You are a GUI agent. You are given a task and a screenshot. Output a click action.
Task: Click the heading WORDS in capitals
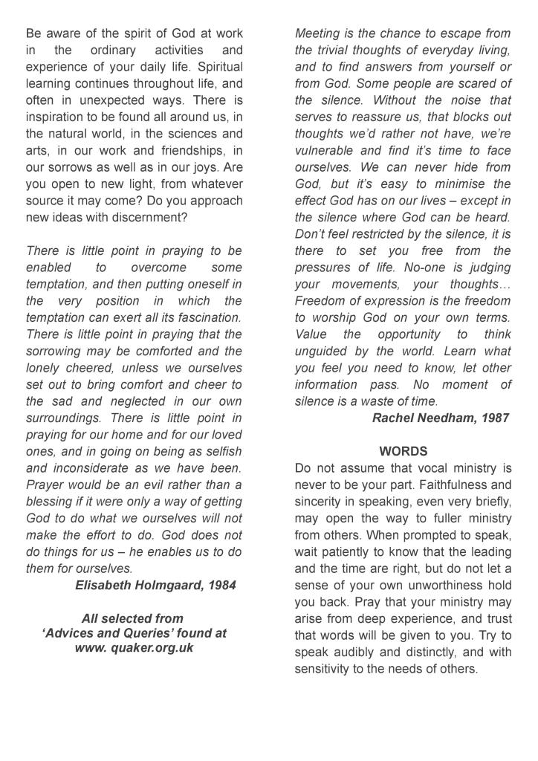tap(403, 451)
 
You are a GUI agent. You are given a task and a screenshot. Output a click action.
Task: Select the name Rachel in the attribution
tap(394, 418)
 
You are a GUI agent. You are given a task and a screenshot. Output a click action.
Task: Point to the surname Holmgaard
tap(168, 585)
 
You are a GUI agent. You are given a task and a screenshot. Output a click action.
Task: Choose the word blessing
tap(53, 501)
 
